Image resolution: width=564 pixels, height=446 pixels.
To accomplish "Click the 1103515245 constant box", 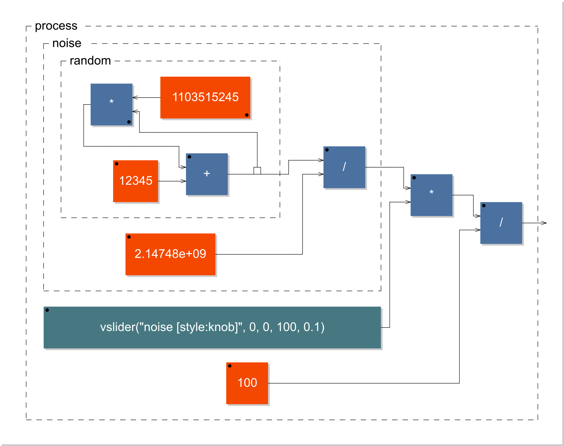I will pyautogui.click(x=205, y=97).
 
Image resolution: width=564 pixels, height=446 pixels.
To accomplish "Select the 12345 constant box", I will pyautogui.click(x=135, y=181).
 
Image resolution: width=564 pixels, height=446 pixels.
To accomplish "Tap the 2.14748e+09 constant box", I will pyautogui.click(x=170, y=254).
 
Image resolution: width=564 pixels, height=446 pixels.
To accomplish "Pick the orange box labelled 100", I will pyautogui.click(x=247, y=383).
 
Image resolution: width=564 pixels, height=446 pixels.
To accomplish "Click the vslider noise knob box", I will pyautogui.click(x=212, y=327).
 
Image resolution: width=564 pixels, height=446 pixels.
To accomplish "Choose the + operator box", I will pyautogui.click(x=207, y=174).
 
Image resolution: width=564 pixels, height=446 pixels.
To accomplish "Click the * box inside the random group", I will pyautogui.click(x=111, y=104).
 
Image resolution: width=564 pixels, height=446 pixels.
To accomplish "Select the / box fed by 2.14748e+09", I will pyautogui.click(x=344, y=167).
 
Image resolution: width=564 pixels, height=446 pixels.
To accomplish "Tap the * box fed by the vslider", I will pyautogui.click(x=431, y=195).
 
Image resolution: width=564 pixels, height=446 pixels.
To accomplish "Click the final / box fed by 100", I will pyautogui.click(x=501, y=223).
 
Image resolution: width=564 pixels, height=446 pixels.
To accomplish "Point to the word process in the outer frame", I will pyautogui.click(x=56, y=26).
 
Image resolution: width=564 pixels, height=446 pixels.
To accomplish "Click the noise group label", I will pyautogui.click(x=67, y=43).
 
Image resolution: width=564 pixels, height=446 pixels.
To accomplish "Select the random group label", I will pyautogui.click(x=90, y=61).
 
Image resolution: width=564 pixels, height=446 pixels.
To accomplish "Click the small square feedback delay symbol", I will pyautogui.click(x=257, y=170).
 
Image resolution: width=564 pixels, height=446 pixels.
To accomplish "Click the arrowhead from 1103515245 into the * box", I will pyautogui.click(x=135, y=97).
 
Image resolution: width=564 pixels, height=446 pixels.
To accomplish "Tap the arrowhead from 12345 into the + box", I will pyautogui.click(x=184, y=181).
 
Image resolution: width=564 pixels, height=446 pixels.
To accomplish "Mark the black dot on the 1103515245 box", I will pyautogui.click(x=247, y=115).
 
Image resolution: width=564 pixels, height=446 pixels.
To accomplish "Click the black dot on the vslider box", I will pyautogui.click(x=47, y=310).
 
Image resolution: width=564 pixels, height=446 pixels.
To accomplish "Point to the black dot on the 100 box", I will pyautogui.click(x=230, y=366).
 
